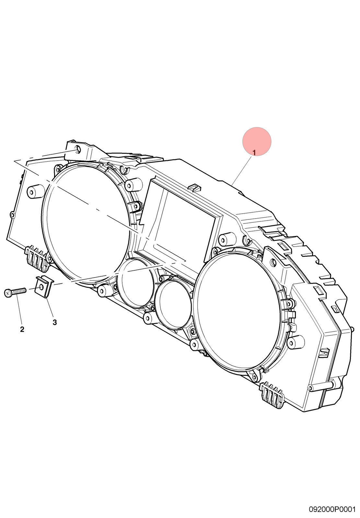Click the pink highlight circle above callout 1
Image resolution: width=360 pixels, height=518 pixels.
257,141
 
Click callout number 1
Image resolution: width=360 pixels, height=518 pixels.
254,152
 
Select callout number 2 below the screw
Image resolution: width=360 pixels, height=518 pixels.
22,329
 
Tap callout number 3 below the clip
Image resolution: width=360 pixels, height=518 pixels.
55,322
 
